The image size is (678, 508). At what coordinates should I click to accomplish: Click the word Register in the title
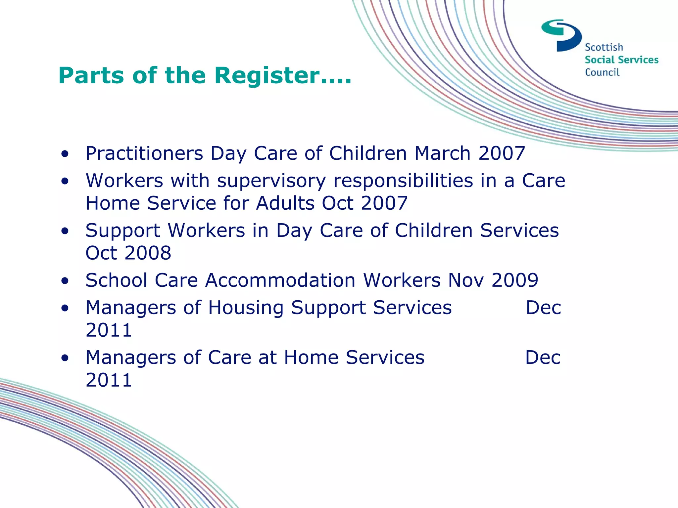click(267, 76)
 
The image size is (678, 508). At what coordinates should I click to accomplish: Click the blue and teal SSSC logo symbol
click(561, 35)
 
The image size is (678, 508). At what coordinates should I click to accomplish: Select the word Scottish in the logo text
click(604, 47)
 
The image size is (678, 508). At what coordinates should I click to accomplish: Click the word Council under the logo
click(602, 72)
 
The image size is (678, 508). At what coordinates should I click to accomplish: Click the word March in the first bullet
click(442, 153)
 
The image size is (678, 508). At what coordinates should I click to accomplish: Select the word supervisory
click(271, 181)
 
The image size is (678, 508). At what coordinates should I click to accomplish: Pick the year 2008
click(148, 253)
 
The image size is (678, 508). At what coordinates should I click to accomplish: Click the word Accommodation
click(280, 280)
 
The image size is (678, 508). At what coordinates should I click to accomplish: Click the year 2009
click(515, 280)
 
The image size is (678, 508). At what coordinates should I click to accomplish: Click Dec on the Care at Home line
click(543, 358)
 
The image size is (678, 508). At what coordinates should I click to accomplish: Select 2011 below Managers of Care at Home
click(109, 380)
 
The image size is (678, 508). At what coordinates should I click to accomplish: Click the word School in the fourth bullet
click(116, 280)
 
